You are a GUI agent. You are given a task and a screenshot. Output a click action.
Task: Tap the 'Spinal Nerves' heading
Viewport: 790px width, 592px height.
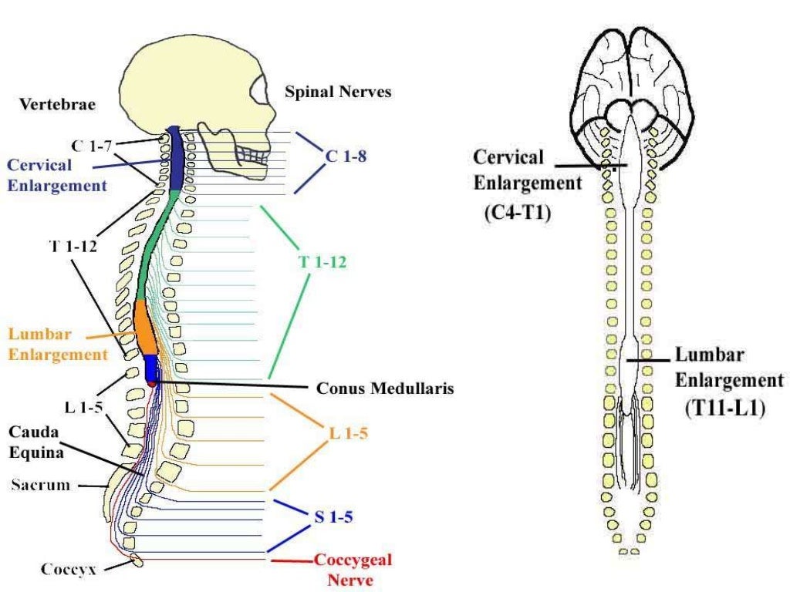click(x=338, y=92)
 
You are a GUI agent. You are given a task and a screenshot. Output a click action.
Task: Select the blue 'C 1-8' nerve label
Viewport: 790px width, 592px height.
click(x=345, y=156)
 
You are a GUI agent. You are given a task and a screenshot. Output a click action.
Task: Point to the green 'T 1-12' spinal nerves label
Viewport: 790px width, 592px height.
click(x=322, y=262)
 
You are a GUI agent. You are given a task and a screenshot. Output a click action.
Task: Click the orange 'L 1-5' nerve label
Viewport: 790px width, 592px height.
click(x=348, y=434)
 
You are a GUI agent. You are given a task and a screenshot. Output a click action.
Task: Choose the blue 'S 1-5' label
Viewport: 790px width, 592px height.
click(x=333, y=517)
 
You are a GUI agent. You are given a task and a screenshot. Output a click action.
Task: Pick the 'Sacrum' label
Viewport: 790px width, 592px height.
click(x=41, y=485)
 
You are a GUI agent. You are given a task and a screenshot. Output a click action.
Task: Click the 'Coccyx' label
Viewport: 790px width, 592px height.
click(x=69, y=570)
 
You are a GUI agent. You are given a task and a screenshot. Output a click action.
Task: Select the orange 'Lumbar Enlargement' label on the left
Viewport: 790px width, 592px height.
click(x=58, y=345)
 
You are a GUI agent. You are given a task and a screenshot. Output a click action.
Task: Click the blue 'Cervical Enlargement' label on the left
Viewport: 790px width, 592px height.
click(x=56, y=175)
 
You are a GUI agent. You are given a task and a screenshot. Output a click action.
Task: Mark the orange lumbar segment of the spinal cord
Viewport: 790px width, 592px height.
click(x=145, y=326)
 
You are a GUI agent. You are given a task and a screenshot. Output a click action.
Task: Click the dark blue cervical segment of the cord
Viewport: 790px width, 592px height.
click(x=174, y=158)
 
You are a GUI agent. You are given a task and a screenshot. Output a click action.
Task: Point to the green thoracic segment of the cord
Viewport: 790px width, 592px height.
click(x=150, y=247)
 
